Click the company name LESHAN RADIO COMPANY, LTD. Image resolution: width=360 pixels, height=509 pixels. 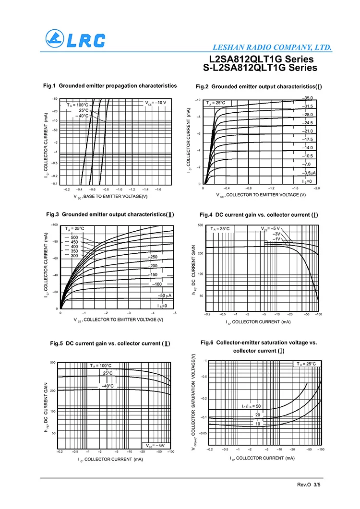272,47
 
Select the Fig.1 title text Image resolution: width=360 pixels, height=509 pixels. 110,86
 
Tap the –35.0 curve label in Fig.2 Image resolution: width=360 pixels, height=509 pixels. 307,98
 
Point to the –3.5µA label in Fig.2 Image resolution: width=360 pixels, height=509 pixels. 309,173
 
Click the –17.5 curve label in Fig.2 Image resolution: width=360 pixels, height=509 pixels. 307,139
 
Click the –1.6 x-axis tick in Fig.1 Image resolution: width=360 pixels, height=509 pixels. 158,189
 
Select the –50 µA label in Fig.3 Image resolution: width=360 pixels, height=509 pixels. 165,296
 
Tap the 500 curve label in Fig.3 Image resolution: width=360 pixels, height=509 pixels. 74,237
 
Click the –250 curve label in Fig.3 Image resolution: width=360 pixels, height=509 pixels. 152,257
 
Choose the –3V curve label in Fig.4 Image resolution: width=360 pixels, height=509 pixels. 276,234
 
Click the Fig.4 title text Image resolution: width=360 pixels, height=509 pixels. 259,214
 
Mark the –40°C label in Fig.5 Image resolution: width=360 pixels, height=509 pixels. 107,386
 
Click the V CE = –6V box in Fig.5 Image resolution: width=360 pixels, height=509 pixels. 155,445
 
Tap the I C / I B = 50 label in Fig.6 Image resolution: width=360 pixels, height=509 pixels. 251,406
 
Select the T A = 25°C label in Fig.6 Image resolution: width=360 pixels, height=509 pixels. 306,364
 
